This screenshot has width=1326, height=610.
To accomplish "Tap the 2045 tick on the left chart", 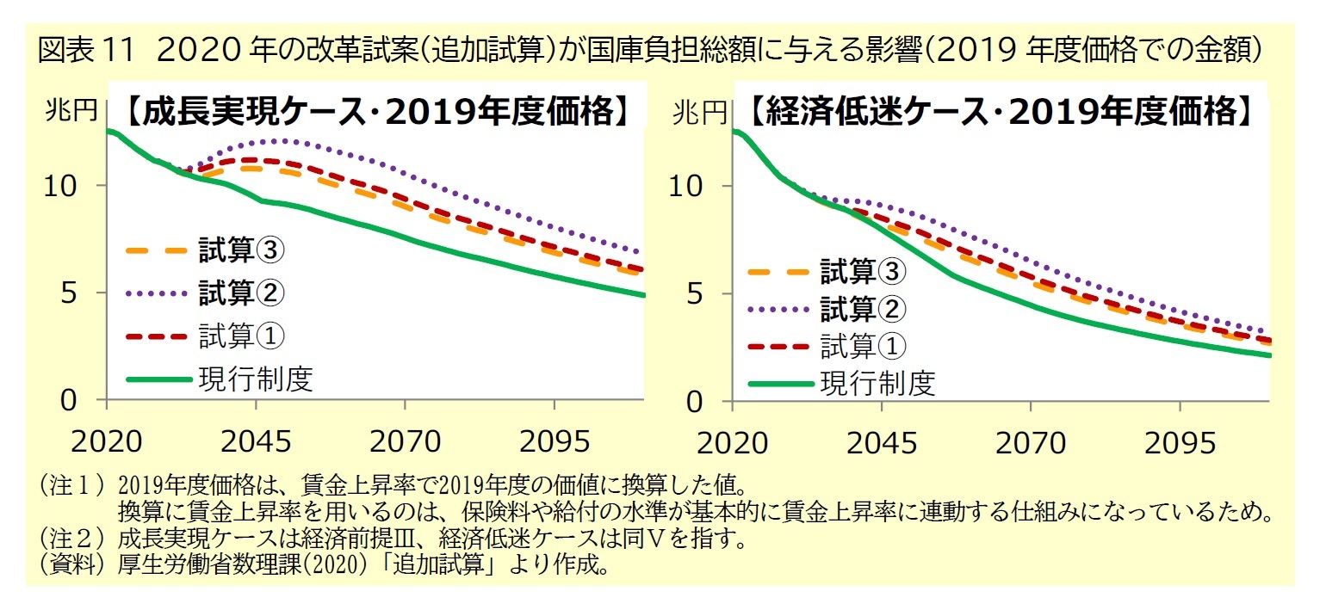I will (x=256, y=442).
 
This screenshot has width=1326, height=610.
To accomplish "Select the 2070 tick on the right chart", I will (x=1031, y=442).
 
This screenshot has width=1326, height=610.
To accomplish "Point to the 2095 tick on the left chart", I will (x=554, y=442).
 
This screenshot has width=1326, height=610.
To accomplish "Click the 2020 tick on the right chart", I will (x=732, y=442).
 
